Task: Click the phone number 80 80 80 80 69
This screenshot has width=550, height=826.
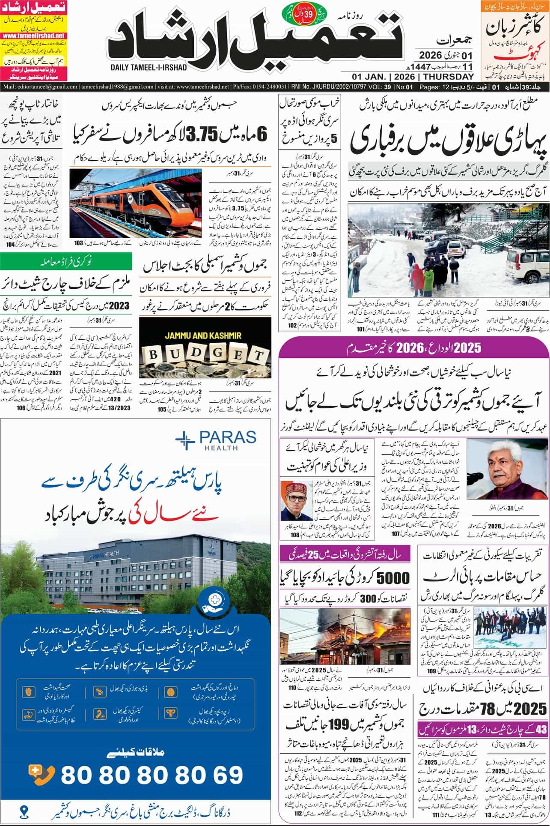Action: (152, 763)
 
